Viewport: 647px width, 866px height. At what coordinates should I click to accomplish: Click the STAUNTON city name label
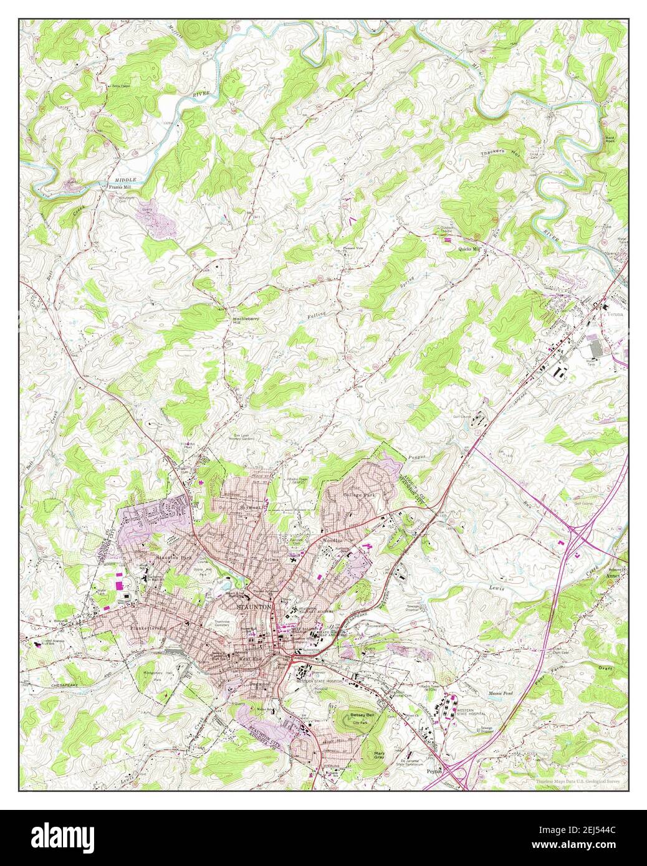point(253,606)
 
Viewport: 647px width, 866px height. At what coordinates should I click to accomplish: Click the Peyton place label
point(434,770)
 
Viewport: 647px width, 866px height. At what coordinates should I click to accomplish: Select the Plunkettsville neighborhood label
point(148,628)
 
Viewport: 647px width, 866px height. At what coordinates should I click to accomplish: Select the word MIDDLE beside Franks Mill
point(125,179)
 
